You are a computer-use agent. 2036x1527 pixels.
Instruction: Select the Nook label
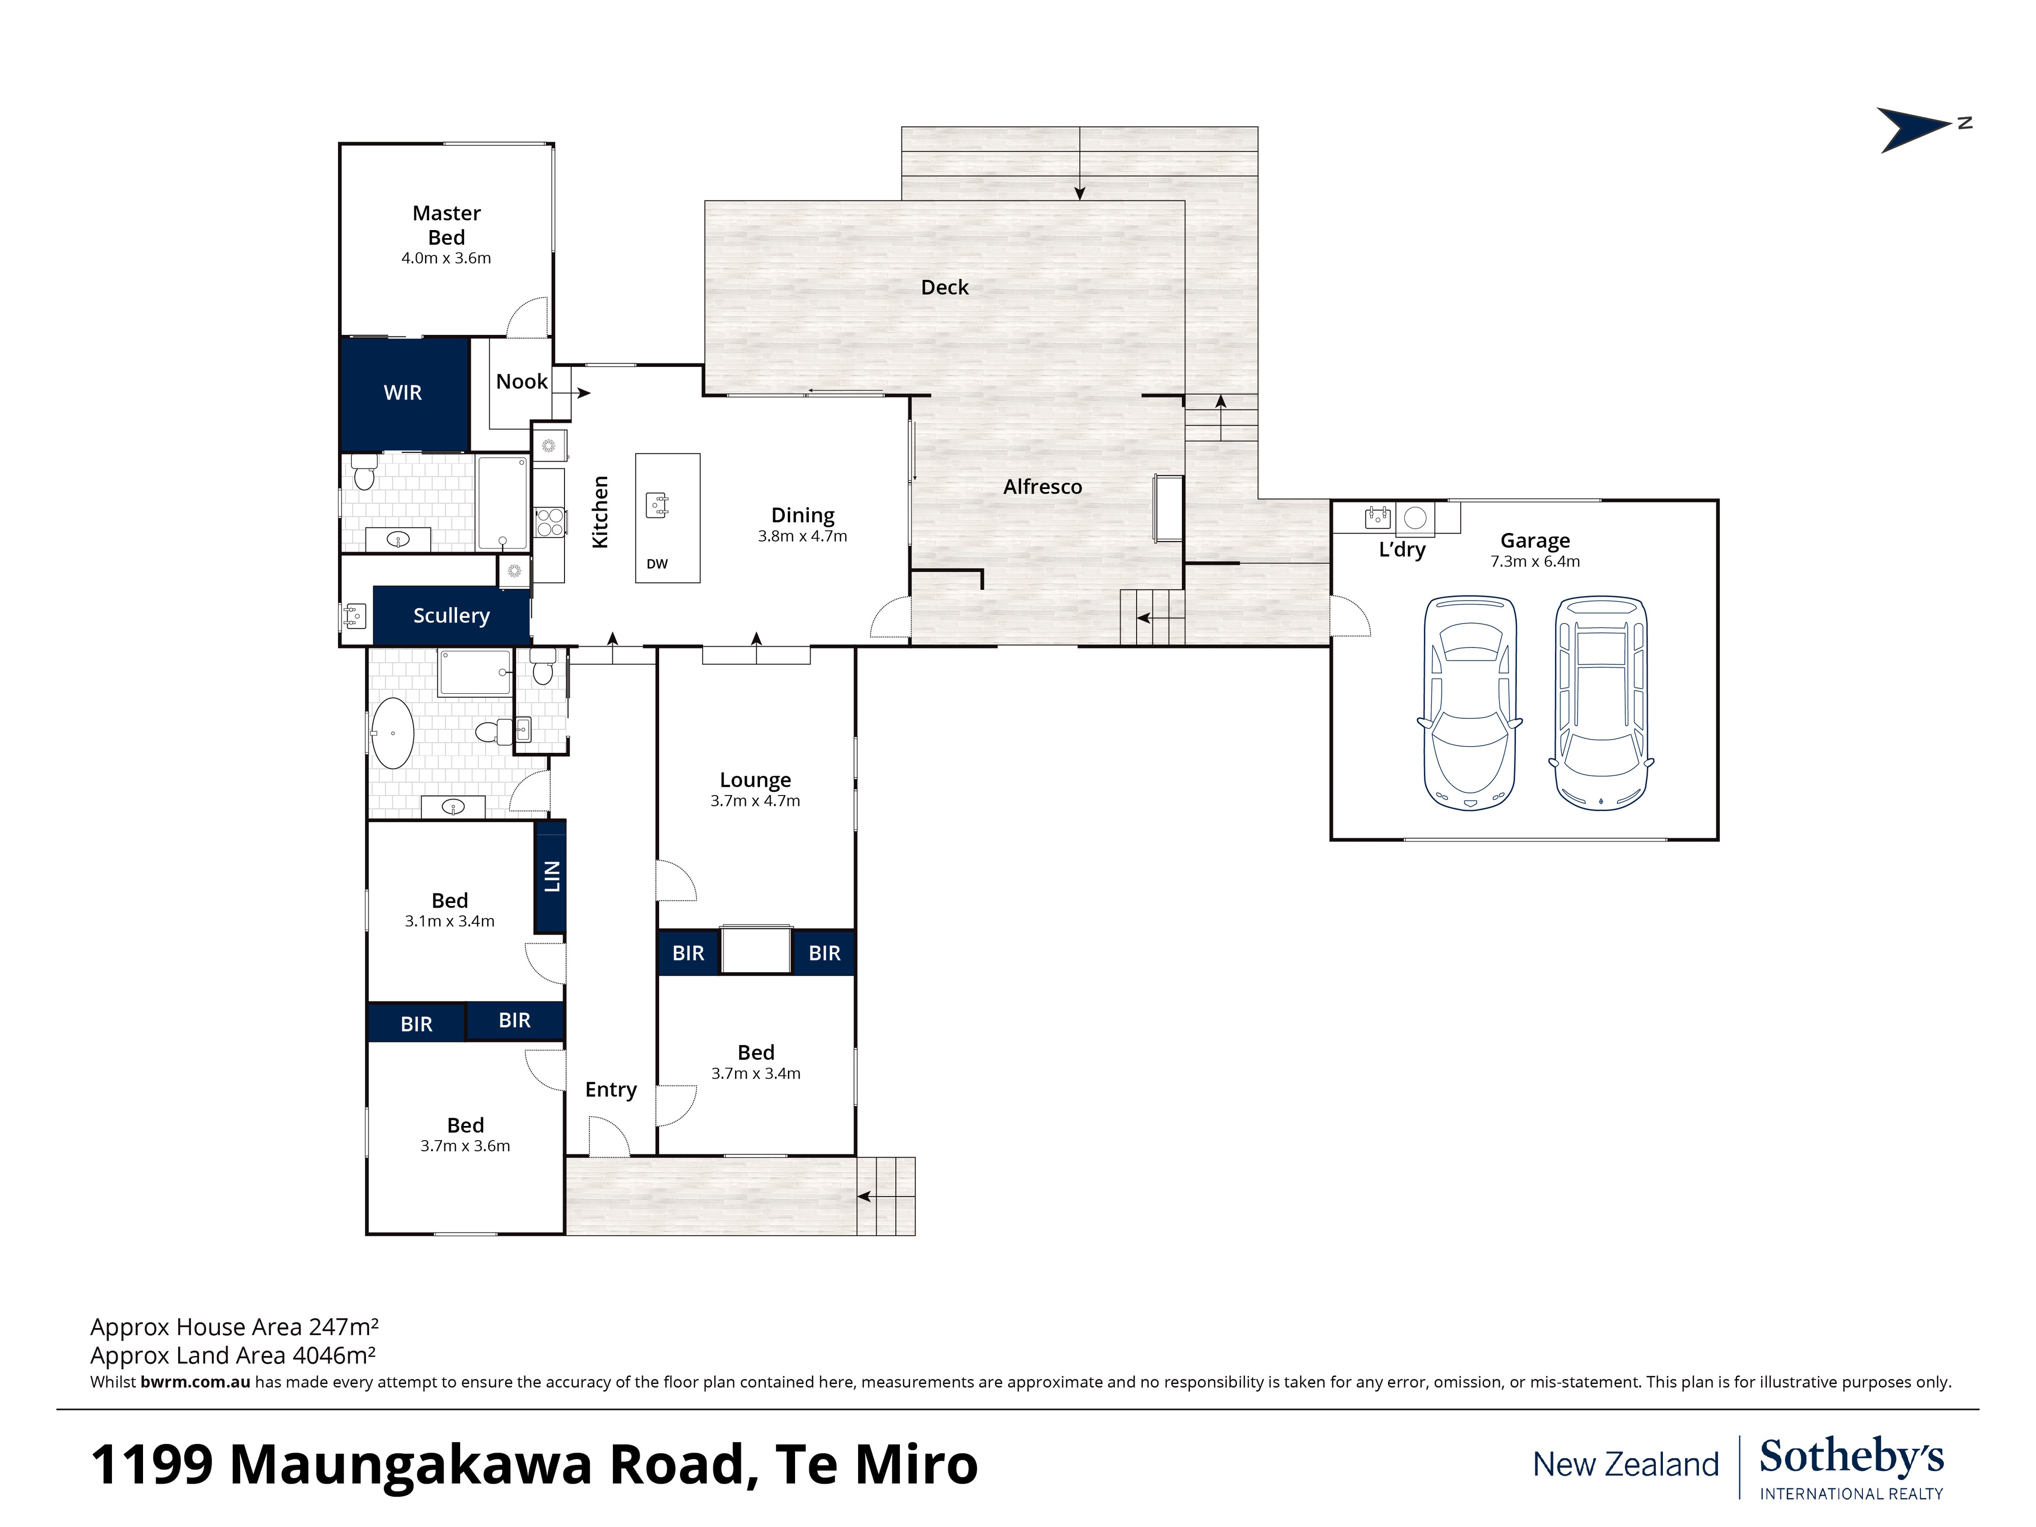click(522, 382)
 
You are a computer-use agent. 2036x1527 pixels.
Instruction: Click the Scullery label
click(451, 616)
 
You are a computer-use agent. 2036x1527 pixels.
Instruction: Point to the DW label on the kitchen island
click(657, 564)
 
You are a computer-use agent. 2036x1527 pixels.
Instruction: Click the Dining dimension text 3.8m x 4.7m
click(803, 536)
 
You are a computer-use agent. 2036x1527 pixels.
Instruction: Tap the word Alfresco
click(1043, 487)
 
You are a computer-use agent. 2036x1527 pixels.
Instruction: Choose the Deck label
click(945, 287)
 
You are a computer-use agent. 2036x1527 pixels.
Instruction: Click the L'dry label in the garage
click(1402, 550)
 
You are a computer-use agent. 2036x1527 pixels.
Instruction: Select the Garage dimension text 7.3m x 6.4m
click(1535, 561)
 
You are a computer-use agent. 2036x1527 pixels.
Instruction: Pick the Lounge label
click(756, 780)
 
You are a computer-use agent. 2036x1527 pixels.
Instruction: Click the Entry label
click(611, 1090)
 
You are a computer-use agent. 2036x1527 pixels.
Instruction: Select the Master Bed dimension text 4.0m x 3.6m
click(446, 259)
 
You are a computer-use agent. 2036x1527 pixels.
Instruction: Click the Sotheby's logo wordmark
click(1852, 1457)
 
